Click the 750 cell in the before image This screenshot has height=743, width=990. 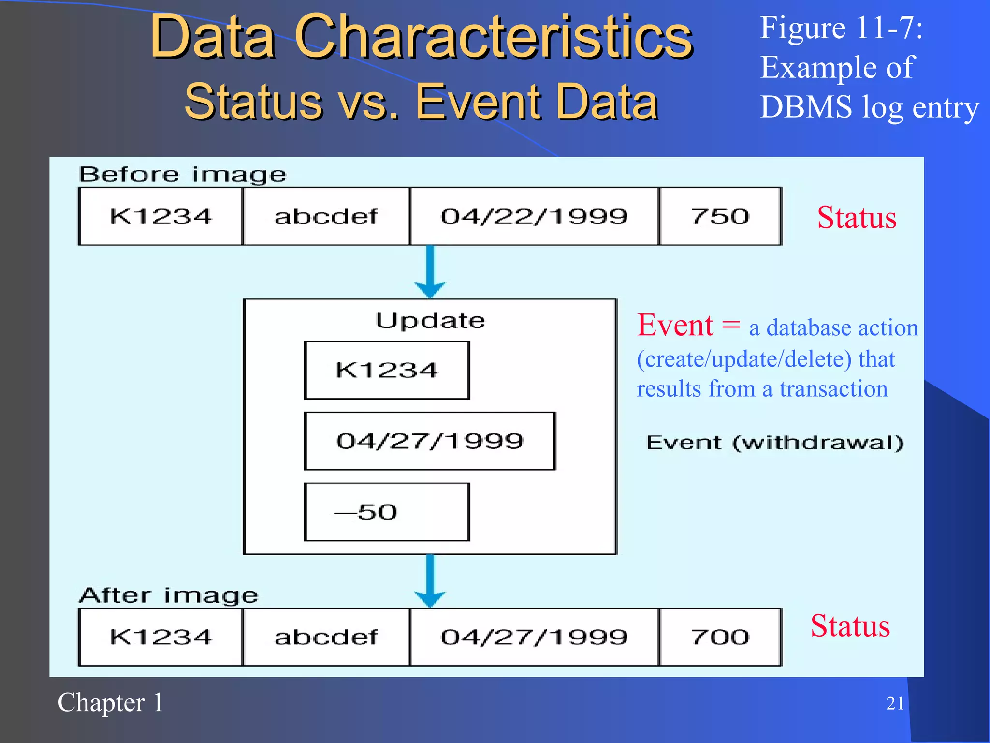tap(720, 216)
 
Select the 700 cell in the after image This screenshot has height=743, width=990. tap(720, 637)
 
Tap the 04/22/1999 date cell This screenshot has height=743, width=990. tap(534, 216)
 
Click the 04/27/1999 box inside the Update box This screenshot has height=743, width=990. tap(430, 441)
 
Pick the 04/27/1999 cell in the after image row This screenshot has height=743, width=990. tap(534, 637)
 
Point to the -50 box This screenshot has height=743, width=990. tap(387, 512)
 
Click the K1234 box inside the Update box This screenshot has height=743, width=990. tap(387, 370)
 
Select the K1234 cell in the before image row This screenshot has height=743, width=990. tap(160, 216)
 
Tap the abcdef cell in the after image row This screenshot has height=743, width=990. tap(326, 637)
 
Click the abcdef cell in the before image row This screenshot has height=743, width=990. tap(326, 216)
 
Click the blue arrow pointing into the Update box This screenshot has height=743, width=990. tap(430, 273)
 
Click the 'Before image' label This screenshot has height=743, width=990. tap(182, 175)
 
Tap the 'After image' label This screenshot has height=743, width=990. tap(169, 595)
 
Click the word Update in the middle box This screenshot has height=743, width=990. tap(430, 321)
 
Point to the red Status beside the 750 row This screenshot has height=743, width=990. tap(857, 217)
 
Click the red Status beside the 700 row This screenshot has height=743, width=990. tap(850, 625)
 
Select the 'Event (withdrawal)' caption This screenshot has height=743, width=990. tap(775, 443)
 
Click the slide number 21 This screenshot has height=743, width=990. tap(895, 703)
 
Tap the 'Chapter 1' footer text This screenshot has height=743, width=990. tap(111, 702)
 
